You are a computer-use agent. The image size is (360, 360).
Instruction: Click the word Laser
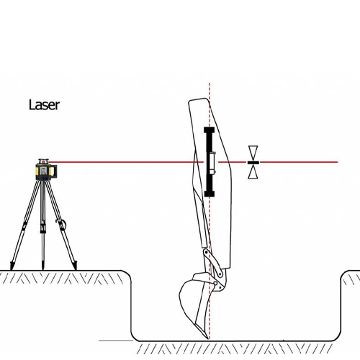click(x=44, y=105)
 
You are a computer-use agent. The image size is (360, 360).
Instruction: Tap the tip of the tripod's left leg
click(x=12, y=269)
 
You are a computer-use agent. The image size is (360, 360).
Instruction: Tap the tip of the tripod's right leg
click(x=76, y=269)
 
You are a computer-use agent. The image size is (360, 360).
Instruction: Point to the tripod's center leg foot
click(x=43, y=269)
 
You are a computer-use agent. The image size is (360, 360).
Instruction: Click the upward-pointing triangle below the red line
click(x=253, y=172)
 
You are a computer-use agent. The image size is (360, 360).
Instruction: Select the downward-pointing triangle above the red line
click(x=253, y=153)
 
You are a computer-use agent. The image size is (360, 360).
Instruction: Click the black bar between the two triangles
click(x=253, y=163)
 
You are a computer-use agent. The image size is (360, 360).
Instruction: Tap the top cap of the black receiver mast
click(x=209, y=130)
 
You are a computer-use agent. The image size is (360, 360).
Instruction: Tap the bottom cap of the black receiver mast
click(x=210, y=194)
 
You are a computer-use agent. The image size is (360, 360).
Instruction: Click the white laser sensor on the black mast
click(x=212, y=163)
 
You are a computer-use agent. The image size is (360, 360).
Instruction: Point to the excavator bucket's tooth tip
click(x=207, y=338)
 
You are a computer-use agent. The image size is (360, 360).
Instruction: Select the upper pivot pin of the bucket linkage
click(x=206, y=253)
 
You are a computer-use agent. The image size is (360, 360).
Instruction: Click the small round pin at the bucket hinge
click(x=215, y=284)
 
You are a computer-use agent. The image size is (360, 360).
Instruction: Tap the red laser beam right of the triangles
click(x=299, y=162)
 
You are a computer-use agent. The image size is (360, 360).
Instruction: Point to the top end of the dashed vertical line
click(x=210, y=84)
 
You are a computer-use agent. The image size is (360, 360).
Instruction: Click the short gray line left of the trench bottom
click(x=116, y=341)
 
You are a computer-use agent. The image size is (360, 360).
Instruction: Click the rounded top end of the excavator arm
click(x=198, y=100)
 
